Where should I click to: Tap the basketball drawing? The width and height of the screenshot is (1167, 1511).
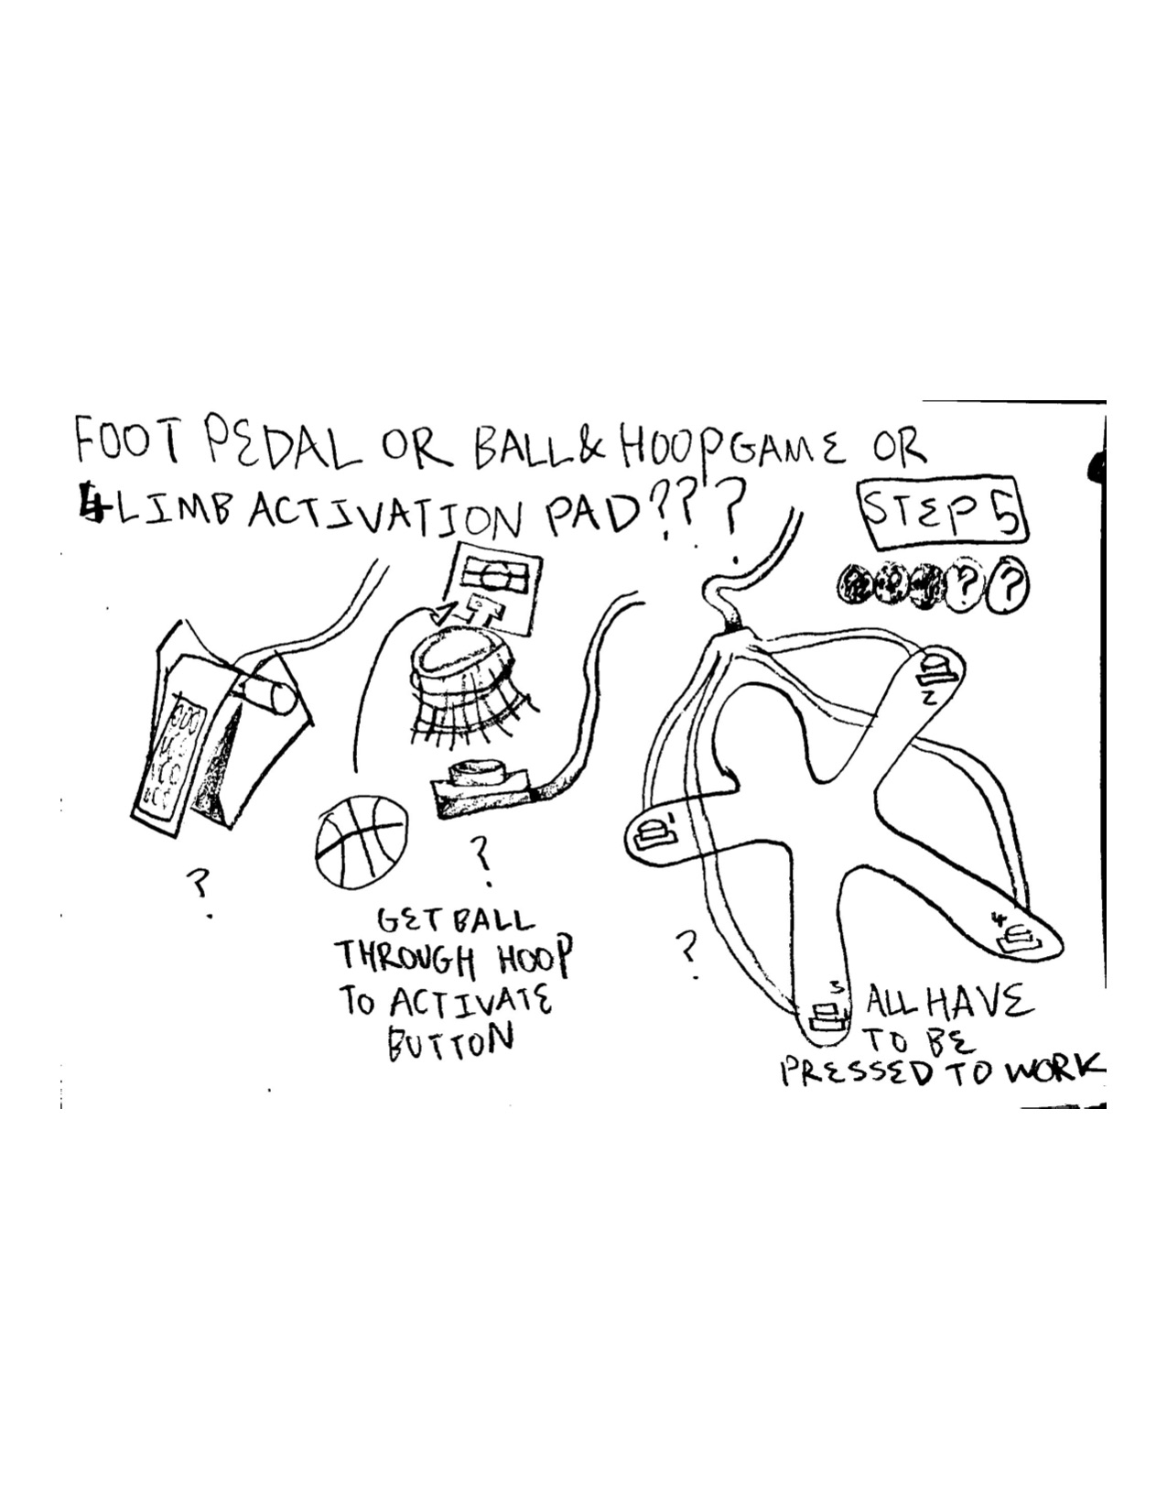pos(362,841)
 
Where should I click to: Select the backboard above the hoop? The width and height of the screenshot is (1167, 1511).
pos(494,591)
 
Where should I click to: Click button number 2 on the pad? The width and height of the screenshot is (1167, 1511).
pos(935,669)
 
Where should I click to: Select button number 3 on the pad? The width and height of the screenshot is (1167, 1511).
pos(827,1015)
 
